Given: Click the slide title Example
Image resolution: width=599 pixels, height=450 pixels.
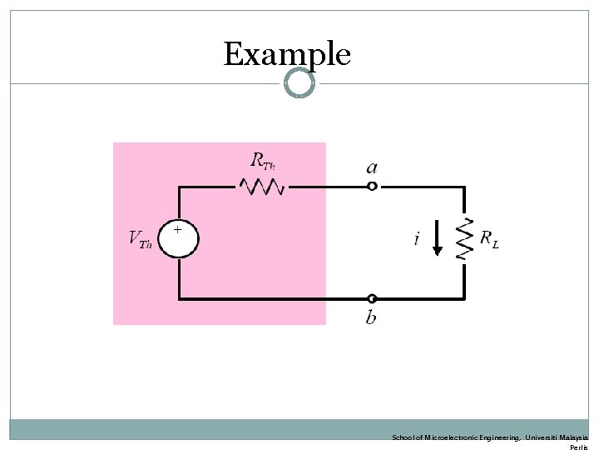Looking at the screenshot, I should [287, 54].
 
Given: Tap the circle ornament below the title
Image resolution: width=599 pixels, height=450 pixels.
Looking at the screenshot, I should [299, 82].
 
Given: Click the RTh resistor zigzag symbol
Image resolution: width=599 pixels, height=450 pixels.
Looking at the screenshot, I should [262, 187].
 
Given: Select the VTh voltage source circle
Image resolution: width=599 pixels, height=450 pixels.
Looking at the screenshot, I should [179, 238].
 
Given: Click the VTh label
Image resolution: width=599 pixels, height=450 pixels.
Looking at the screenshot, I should [139, 239].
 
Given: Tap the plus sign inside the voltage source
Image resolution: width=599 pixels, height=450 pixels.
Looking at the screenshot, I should [176, 227].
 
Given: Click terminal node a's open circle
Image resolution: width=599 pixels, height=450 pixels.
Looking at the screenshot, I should [372, 187].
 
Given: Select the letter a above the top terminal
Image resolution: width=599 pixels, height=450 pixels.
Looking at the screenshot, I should [372, 167].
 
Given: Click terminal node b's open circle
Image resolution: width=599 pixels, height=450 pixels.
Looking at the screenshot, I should [372, 298].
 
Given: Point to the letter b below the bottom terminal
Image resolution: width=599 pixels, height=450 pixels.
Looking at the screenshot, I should [371, 317].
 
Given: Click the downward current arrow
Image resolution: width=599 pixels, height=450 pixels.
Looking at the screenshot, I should [438, 238].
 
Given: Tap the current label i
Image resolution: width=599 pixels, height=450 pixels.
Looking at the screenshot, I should [415, 239].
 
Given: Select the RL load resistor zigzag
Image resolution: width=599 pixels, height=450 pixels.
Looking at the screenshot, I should [464, 239].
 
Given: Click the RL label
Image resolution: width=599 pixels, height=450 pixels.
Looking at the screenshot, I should [490, 239].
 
